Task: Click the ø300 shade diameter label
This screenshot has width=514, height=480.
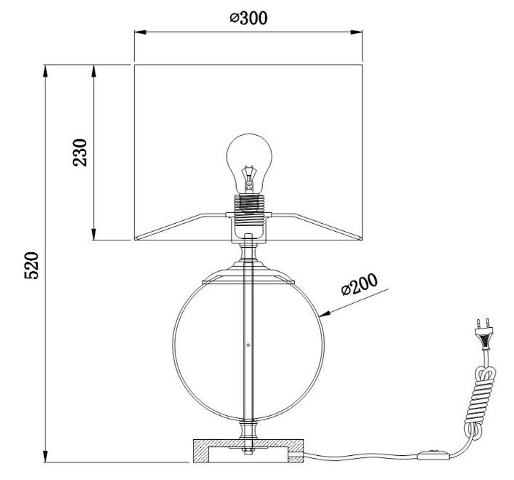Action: click(x=248, y=18)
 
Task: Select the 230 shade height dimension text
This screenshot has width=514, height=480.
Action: click(x=80, y=152)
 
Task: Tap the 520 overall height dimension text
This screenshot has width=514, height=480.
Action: click(x=32, y=265)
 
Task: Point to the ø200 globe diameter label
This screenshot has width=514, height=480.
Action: click(x=359, y=284)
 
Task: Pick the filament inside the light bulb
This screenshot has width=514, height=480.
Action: click(x=249, y=179)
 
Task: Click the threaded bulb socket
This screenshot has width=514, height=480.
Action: click(x=249, y=204)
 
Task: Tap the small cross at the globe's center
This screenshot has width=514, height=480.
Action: click(x=248, y=345)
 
